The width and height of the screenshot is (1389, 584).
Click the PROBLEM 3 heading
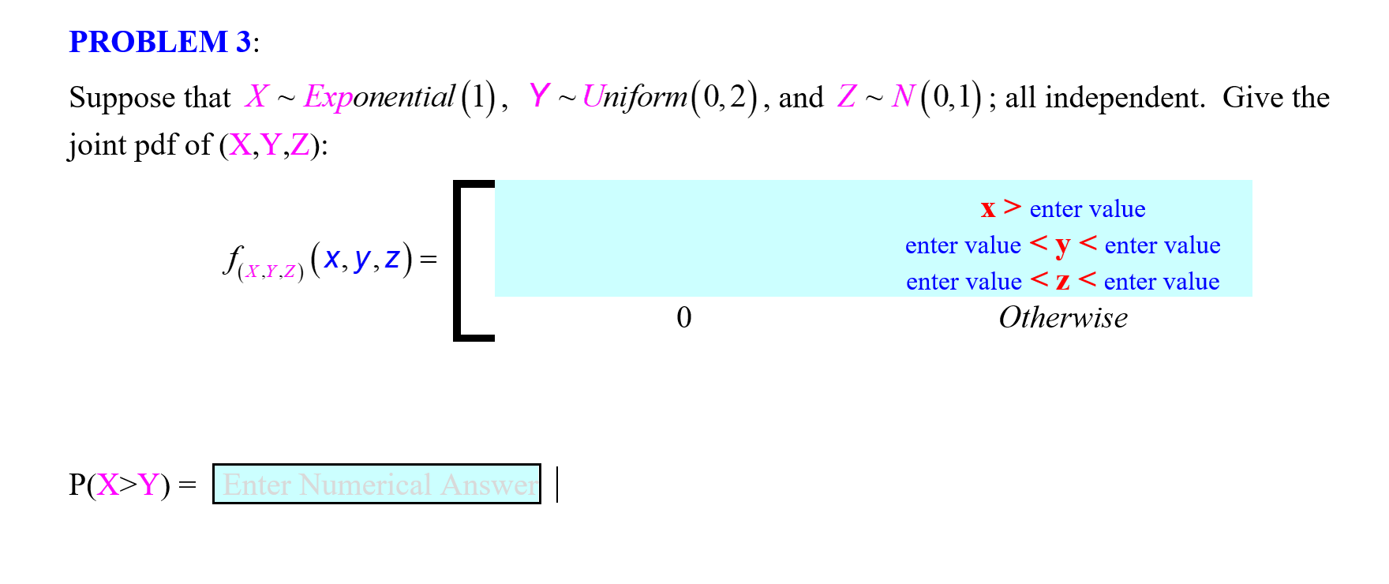click(x=160, y=42)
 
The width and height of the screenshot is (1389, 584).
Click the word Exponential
click(x=379, y=97)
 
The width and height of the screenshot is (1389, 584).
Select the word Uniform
click(x=635, y=97)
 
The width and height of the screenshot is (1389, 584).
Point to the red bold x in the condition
click(x=987, y=209)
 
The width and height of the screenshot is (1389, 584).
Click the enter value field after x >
click(x=1087, y=209)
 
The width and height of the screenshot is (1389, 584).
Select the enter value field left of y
click(x=963, y=245)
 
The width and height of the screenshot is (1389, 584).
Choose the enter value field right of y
click(x=1162, y=245)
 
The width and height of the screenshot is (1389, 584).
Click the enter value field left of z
click(x=964, y=282)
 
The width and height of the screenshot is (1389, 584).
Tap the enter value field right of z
click(x=1161, y=282)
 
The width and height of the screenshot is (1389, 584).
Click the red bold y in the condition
click(x=1062, y=245)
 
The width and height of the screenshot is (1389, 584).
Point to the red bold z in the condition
click(x=1062, y=282)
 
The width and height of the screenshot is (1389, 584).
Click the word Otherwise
click(x=1062, y=318)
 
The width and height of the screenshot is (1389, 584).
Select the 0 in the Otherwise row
click(x=683, y=318)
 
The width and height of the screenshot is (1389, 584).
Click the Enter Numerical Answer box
click(x=376, y=484)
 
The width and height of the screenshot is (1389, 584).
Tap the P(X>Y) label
click(x=119, y=485)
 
